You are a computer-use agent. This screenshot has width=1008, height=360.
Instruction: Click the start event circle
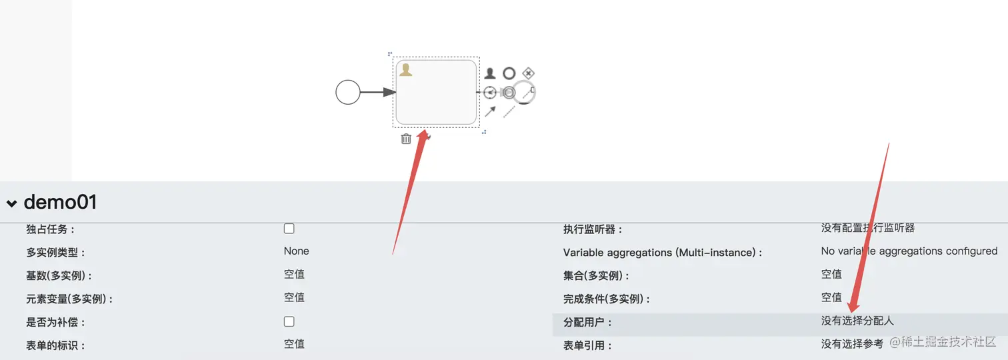click(347, 92)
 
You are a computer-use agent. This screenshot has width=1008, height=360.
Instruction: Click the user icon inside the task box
click(405, 70)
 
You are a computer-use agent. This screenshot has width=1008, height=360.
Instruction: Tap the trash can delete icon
click(406, 139)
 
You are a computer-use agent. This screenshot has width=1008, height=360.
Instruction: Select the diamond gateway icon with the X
click(528, 73)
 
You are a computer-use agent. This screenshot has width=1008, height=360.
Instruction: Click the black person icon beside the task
click(490, 73)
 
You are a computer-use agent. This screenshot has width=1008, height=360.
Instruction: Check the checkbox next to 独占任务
click(289, 229)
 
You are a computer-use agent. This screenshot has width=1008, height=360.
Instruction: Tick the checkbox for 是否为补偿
click(289, 321)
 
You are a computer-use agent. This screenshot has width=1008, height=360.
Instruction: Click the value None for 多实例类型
click(297, 251)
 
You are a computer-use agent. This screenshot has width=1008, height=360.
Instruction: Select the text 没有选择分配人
click(857, 321)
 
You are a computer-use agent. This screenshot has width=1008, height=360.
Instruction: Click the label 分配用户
click(587, 323)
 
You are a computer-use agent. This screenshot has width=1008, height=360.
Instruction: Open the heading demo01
click(60, 202)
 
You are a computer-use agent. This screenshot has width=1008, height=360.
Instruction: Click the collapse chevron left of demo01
click(12, 203)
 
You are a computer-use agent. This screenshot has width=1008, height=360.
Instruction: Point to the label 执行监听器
click(593, 229)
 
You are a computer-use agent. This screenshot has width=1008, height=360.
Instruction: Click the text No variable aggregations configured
click(909, 251)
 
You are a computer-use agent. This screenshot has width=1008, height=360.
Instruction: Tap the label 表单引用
click(587, 345)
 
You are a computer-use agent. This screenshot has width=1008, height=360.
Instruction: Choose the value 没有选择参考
click(852, 344)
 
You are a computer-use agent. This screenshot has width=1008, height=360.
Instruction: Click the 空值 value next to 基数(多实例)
click(294, 275)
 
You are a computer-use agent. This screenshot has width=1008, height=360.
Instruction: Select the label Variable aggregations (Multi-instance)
click(662, 253)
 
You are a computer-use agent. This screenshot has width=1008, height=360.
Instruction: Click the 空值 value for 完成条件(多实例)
click(831, 297)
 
